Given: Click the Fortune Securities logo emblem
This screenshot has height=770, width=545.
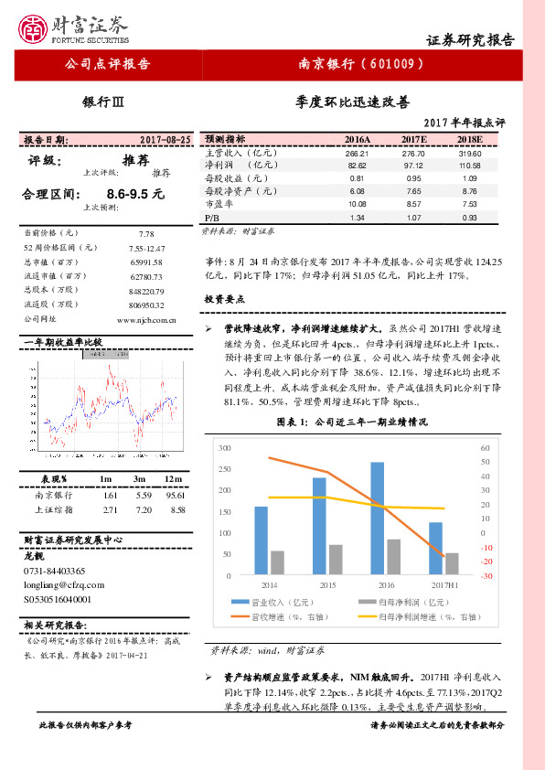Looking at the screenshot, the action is coord(34,30).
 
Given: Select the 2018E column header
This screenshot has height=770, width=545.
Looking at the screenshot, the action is coord(469,139).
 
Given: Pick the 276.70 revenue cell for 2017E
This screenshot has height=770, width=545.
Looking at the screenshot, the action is coord(414,153).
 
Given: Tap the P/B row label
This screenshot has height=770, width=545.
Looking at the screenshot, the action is coord(212,219).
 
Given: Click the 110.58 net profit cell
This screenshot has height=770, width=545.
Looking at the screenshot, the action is coord(469,166).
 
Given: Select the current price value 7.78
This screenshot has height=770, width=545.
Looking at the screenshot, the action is coord(146,234).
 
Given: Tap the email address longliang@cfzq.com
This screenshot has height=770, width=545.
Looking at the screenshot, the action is coord(63,583).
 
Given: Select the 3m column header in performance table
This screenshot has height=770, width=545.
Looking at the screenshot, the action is coord(140,479).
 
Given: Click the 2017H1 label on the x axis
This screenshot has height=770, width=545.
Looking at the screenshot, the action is coord(435,583).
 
